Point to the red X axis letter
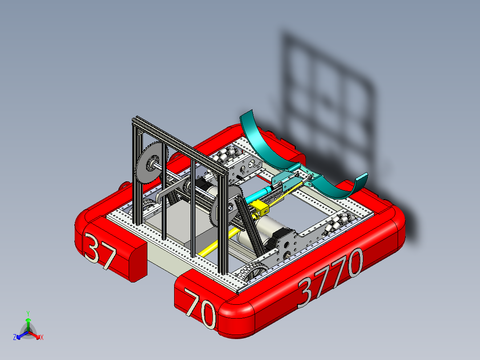coord(42,338)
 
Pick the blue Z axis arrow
coord(20,335)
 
